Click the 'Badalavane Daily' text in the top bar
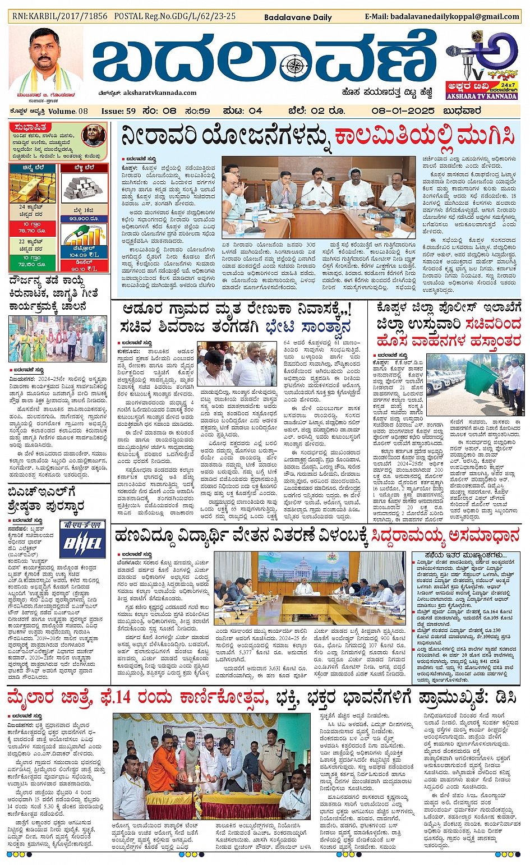click(x=298, y=17)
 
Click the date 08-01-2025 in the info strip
click(x=403, y=111)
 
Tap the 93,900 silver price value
click(x=84, y=219)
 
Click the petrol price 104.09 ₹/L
click(x=84, y=255)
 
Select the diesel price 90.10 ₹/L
click(x=84, y=269)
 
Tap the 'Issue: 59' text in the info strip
click(x=118, y=111)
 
